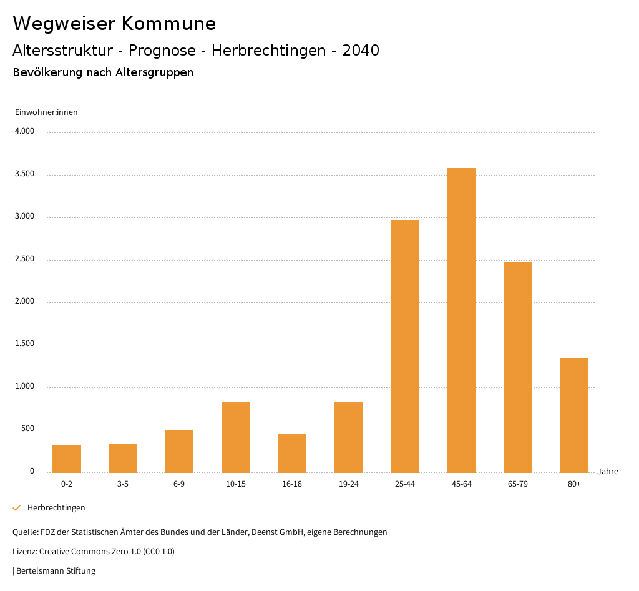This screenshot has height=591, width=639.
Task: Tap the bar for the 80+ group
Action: (574, 415)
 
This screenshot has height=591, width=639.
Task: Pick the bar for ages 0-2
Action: (67, 459)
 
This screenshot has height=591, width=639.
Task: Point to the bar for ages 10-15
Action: (236, 437)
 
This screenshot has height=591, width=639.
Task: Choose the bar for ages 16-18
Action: (292, 453)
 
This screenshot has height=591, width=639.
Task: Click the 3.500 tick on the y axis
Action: (24, 174)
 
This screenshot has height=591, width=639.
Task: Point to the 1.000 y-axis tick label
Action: (24, 387)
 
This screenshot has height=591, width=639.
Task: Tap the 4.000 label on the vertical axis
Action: (24, 132)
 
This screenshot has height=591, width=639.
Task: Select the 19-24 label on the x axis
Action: (349, 484)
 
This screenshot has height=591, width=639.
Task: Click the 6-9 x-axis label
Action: (179, 484)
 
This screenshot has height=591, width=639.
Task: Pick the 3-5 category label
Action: (123, 484)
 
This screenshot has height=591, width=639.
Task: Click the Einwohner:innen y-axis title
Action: (46, 112)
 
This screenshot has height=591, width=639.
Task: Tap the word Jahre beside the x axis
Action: (608, 472)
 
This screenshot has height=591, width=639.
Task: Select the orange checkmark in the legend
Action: (17, 508)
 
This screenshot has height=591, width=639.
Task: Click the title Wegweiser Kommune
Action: (114, 24)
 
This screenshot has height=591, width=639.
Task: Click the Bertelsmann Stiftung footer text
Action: (56, 571)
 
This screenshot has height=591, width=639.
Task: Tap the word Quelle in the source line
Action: (24, 532)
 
